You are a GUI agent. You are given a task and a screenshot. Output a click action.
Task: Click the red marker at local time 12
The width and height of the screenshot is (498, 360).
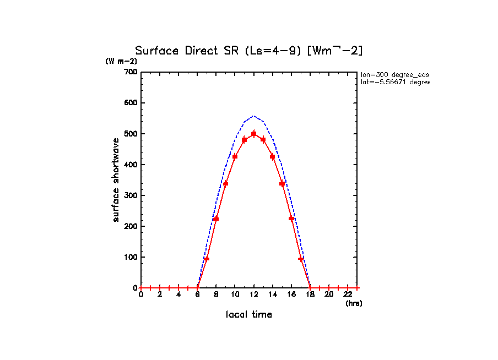[253, 134]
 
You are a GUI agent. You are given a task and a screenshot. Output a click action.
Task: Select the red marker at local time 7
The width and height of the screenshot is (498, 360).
[207, 259]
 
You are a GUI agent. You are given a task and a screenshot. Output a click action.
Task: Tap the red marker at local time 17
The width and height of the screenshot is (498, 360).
[301, 259]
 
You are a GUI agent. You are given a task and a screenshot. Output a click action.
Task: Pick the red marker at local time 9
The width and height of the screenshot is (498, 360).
[225, 183]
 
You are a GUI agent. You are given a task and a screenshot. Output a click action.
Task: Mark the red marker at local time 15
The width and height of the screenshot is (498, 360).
[282, 183]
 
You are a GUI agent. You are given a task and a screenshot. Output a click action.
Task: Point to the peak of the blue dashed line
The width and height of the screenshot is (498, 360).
[253, 116]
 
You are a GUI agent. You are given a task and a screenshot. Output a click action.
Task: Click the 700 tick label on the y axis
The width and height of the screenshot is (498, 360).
[130, 72]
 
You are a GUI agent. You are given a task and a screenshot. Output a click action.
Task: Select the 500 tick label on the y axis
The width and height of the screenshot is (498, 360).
[130, 134]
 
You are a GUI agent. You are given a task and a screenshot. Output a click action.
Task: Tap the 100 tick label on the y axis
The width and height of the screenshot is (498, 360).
[130, 257]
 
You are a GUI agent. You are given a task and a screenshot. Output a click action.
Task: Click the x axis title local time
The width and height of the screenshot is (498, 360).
[249, 314]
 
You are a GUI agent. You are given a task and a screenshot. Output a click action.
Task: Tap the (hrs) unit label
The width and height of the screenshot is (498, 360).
[354, 303]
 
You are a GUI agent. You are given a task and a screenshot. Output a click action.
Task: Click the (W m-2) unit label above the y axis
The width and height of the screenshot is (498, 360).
[121, 61]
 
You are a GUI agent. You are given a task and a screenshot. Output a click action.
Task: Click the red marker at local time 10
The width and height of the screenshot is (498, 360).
[235, 157]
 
